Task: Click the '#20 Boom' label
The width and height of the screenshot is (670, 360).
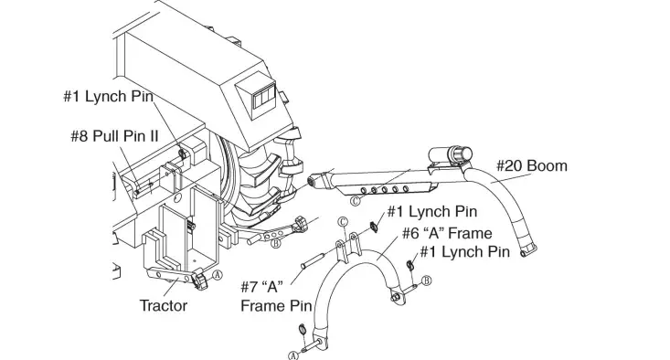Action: click(532, 165)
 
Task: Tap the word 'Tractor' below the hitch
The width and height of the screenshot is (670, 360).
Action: click(164, 305)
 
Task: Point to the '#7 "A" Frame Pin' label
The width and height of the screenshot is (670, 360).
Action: click(275, 295)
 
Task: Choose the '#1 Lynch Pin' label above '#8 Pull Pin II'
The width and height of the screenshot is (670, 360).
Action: click(108, 96)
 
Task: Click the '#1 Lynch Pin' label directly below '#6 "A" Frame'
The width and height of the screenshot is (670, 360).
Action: click(464, 252)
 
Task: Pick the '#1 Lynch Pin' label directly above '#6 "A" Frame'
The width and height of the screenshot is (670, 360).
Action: click(432, 211)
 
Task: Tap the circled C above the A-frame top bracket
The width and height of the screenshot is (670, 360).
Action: click(343, 222)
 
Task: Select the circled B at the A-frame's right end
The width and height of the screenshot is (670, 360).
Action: click(426, 280)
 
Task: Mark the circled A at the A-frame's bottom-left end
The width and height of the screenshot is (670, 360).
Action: click(293, 355)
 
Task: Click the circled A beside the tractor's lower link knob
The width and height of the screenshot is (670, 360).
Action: click(217, 274)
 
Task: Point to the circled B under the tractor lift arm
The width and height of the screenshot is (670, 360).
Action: click(275, 242)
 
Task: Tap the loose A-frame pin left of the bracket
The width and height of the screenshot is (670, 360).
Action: click(311, 257)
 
